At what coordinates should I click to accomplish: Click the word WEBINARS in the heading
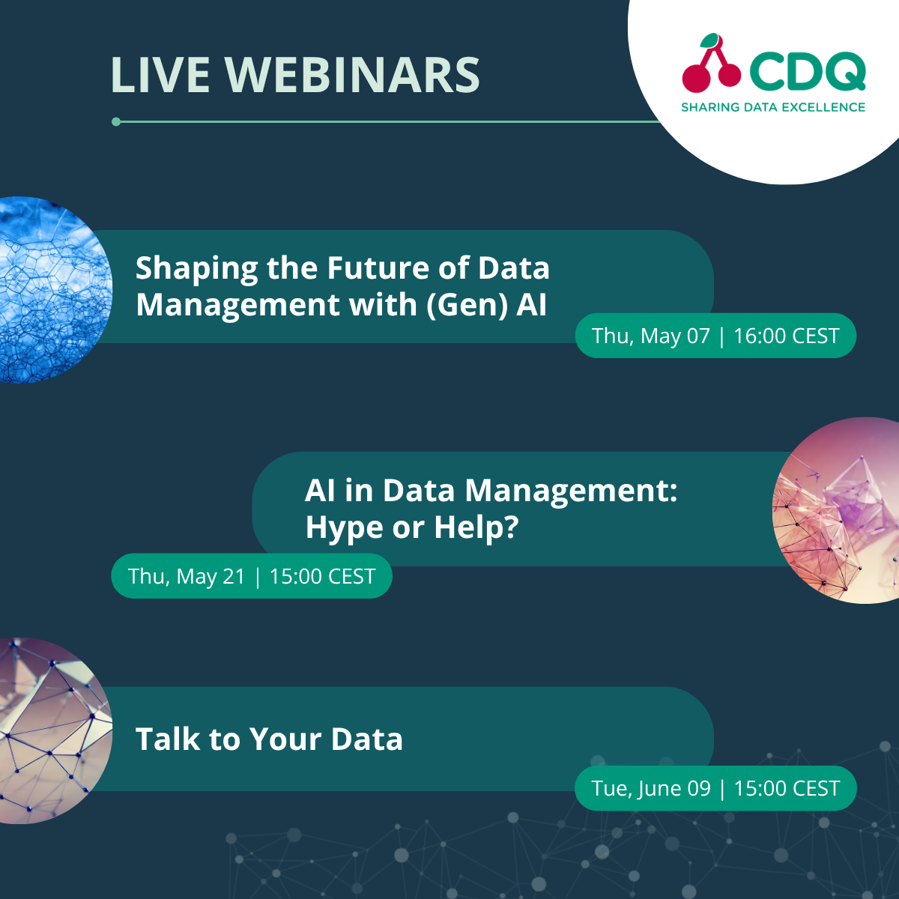352,75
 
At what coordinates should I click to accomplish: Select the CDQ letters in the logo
807,73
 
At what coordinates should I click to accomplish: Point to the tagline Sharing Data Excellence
773,107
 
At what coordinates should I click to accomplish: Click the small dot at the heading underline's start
116,121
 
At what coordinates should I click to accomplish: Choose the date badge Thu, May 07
650,336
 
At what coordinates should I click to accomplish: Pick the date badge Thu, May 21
187,576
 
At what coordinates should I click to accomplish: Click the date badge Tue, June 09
650,788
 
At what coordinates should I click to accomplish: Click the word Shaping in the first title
196,269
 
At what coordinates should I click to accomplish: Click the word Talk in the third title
166,739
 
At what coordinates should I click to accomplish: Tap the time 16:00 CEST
786,336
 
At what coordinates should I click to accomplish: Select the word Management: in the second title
571,491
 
